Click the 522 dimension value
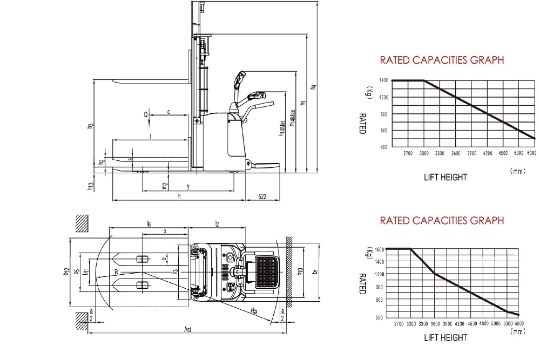(x=261, y=196)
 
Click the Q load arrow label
(x=145, y=115)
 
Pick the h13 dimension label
(x=91, y=186)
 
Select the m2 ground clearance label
(x=165, y=186)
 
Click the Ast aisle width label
(x=188, y=328)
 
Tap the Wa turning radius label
(x=253, y=311)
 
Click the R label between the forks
(x=116, y=272)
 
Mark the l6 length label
(x=148, y=223)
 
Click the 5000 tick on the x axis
(x=519, y=153)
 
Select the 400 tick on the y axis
(x=384, y=147)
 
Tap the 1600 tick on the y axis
(x=379, y=249)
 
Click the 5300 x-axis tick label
(x=508, y=324)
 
